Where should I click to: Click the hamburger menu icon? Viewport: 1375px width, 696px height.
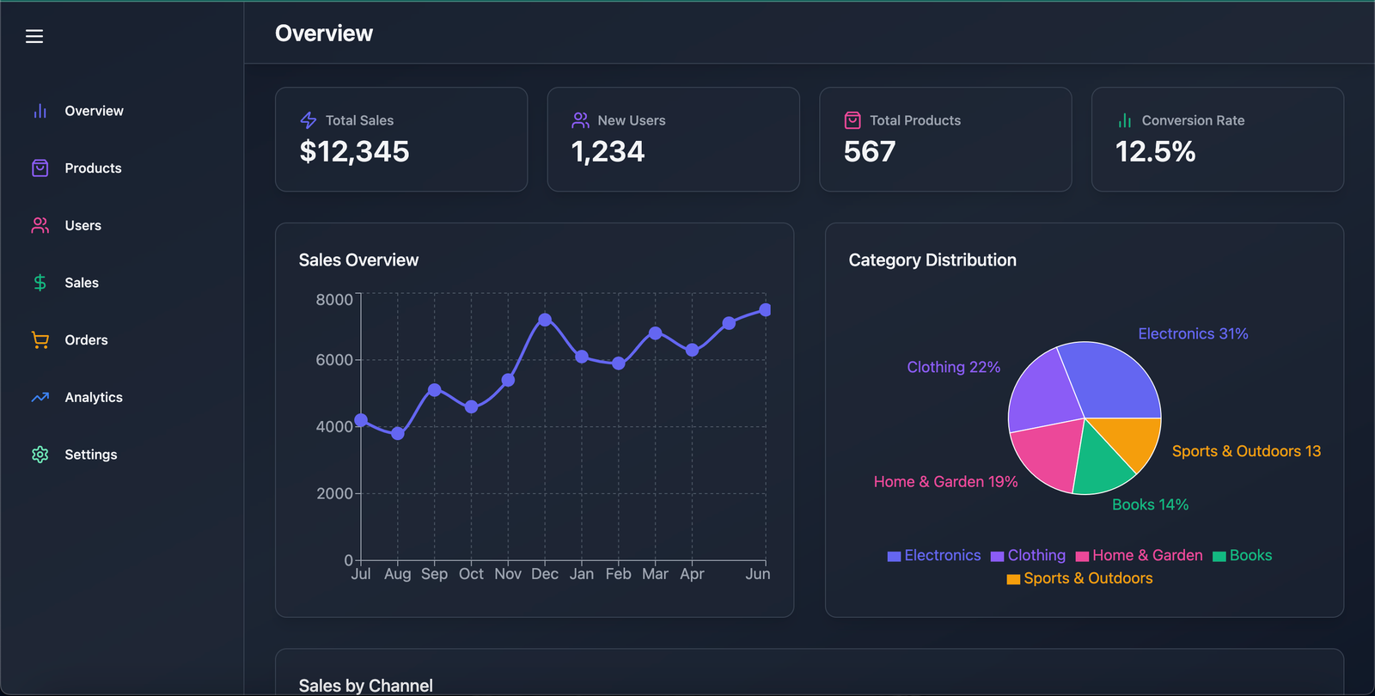[x=34, y=36]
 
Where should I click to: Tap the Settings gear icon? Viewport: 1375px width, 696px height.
[x=40, y=455]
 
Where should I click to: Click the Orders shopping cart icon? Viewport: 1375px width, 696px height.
[x=40, y=340]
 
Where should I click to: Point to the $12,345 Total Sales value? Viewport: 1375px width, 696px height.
[x=354, y=151]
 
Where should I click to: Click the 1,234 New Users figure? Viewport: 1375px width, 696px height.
[x=608, y=151]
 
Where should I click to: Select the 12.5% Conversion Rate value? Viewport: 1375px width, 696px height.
[x=1155, y=151]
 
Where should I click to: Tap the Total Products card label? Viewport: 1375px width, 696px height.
[x=915, y=120]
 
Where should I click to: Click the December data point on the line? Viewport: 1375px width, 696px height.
[x=545, y=320]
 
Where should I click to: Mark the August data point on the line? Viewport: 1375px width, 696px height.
[x=398, y=433]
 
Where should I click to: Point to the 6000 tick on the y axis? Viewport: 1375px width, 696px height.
[x=334, y=360]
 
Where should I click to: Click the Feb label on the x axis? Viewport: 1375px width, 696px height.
[x=618, y=574]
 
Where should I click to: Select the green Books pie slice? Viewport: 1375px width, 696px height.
[x=1101, y=467]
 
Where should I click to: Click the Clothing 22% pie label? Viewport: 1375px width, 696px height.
[x=954, y=367]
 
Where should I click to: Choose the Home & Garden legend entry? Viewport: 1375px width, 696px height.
[x=1140, y=555]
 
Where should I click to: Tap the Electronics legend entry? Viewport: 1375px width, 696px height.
[x=934, y=555]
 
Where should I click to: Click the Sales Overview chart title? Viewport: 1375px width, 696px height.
[x=358, y=260]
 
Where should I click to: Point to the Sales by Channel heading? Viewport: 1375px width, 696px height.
[x=366, y=686]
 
